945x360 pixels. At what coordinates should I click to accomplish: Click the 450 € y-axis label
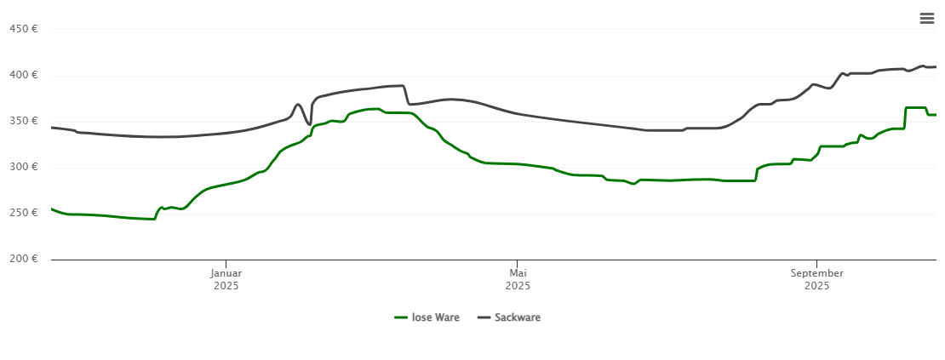(x=23, y=29)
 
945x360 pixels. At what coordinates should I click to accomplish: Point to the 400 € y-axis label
(x=23, y=75)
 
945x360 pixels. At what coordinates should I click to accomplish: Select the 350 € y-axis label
(x=23, y=121)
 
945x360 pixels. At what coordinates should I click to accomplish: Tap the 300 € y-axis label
(x=23, y=167)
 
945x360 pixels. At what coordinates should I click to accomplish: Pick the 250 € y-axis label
(x=23, y=213)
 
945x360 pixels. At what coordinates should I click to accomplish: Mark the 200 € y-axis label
(x=23, y=259)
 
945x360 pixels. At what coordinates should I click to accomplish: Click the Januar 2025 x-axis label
(x=226, y=279)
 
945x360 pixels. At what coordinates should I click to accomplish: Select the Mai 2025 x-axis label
(x=518, y=279)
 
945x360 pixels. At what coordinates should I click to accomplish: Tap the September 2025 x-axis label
(x=816, y=279)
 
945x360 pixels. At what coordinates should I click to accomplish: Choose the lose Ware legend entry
(x=435, y=317)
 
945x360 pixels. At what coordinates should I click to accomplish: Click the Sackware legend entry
(x=518, y=317)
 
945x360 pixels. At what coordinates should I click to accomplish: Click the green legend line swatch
(x=401, y=317)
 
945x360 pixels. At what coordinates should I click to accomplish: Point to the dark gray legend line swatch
(x=484, y=317)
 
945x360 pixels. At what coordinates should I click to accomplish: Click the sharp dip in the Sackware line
(x=309, y=124)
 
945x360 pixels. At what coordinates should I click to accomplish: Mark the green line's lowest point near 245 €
(x=153, y=219)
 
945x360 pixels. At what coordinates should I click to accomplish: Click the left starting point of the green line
(x=52, y=209)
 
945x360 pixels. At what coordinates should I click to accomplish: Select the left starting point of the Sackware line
(x=52, y=128)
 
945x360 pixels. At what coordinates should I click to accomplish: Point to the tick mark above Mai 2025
(x=517, y=263)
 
